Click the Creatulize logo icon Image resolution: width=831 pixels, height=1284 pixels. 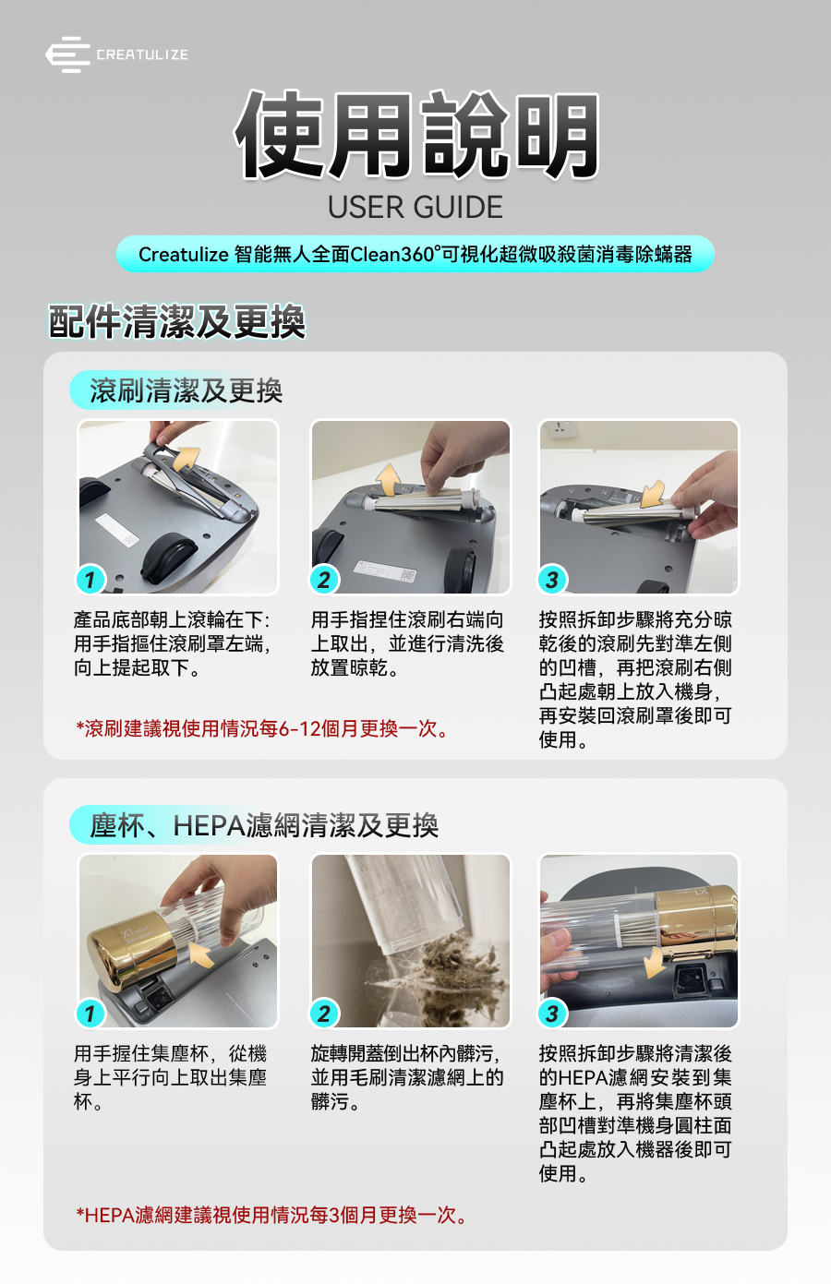(x=67, y=54)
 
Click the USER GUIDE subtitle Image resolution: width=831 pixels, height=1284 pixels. (x=415, y=207)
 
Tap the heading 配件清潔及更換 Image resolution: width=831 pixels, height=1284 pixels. (x=176, y=321)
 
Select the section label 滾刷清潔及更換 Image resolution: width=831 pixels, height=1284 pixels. (x=186, y=391)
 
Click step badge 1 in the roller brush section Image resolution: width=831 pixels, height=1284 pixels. (x=90, y=580)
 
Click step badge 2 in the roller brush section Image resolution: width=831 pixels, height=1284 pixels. (x=324, y=580)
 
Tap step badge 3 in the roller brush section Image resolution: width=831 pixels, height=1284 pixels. (x=552, y=580)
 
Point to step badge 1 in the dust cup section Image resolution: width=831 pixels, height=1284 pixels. (x=90, y=1014)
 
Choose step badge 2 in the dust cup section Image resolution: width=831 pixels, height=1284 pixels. (x=324, y=1014)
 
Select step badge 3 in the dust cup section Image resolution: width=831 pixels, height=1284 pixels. (x=552, y=1014)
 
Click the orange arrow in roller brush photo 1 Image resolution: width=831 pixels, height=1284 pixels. (x=187, y=458)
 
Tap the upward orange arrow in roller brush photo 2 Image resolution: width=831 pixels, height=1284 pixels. (x=389, y=479)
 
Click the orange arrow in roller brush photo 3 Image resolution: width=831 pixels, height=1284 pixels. (x=653, y=494)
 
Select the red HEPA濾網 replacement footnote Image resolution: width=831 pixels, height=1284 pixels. (x=271, y=1214)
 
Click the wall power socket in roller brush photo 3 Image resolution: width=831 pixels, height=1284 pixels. (x=560, y=428)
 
